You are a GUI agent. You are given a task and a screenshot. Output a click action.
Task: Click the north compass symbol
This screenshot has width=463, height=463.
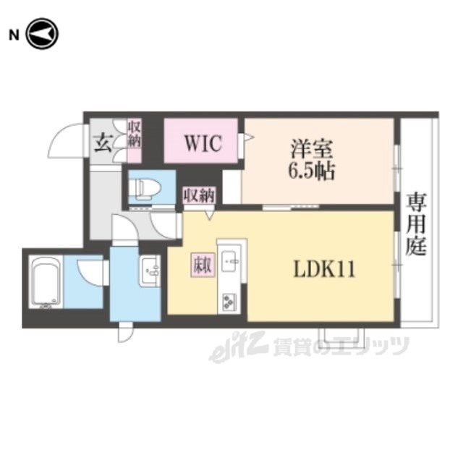pos(42,34)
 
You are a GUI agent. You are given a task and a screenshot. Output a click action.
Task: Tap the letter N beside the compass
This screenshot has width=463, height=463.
pos(14,35)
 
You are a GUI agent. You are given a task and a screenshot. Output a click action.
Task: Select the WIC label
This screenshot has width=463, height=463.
pos(203,143)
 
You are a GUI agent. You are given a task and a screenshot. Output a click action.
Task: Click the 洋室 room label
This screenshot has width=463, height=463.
pos(311,149)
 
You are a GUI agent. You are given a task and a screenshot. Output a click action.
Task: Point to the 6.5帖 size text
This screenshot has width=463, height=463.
pos(311,171)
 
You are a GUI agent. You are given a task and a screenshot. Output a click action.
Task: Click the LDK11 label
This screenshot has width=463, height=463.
pos(324,268)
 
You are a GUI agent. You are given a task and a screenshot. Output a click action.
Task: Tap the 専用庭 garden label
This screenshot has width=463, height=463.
pos(416,224)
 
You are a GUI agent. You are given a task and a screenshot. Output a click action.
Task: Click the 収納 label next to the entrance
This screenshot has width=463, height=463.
pos(135,135)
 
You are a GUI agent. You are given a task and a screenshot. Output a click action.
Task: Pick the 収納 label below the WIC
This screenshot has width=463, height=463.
pos(200,195)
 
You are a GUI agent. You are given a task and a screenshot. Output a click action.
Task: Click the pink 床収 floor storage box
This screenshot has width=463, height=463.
pos(203,266)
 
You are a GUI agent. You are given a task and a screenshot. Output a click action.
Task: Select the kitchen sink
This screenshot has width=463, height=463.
pos(229,261)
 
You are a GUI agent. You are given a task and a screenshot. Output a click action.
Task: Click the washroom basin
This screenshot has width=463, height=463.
pos(150,271)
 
